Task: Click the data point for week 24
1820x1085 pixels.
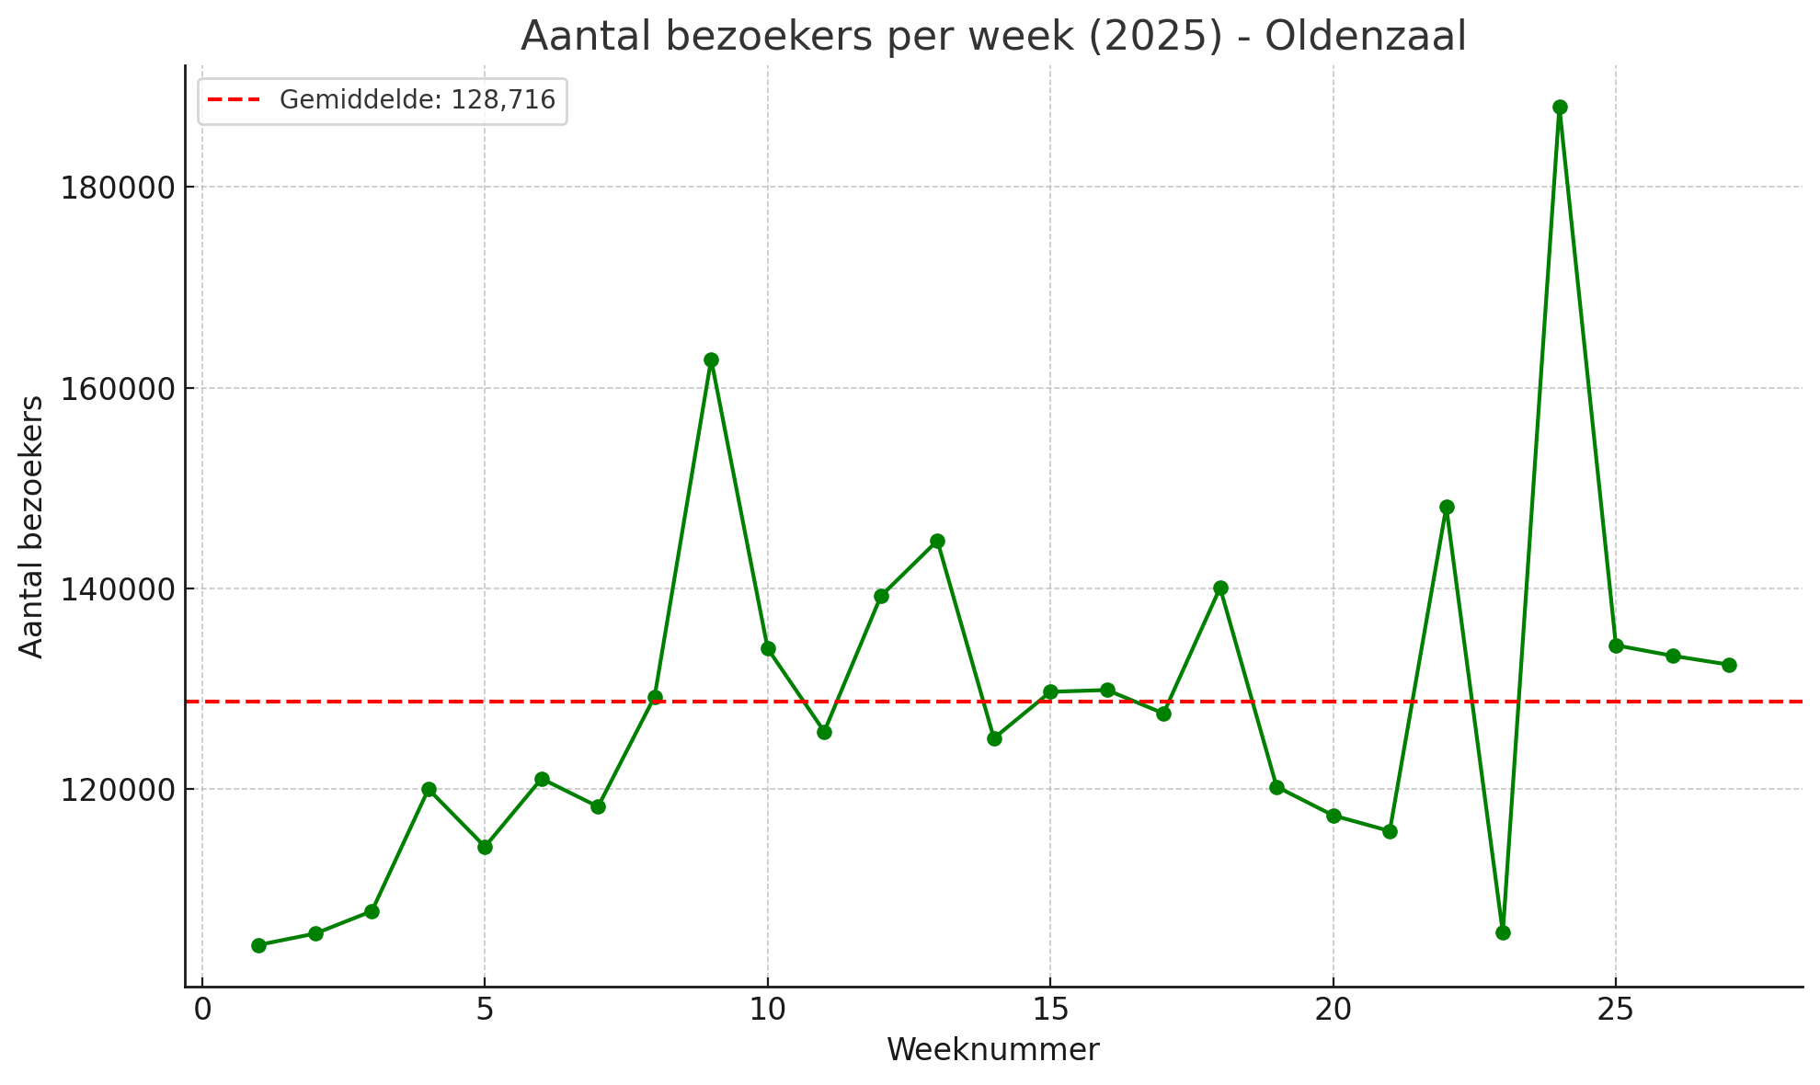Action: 1560,108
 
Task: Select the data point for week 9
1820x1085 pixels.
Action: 711,360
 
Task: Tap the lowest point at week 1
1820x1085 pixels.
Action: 258,945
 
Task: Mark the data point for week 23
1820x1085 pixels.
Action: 1503,932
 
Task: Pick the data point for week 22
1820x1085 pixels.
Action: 1447,507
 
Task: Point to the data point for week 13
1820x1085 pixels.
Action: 937,541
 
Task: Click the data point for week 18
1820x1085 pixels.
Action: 1220,588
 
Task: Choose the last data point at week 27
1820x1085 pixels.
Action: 1729,665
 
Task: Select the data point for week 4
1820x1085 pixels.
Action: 429,789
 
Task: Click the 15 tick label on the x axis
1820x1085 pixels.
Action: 1050,1011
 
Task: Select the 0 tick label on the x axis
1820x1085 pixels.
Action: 202,1011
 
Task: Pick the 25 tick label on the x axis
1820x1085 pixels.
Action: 1616,1011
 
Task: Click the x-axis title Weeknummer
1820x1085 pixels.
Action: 993,1050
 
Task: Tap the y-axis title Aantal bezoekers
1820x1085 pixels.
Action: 32,527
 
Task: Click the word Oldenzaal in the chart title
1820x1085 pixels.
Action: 1365,37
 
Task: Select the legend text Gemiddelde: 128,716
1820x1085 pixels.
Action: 418,100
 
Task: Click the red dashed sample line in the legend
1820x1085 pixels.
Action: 235,100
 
